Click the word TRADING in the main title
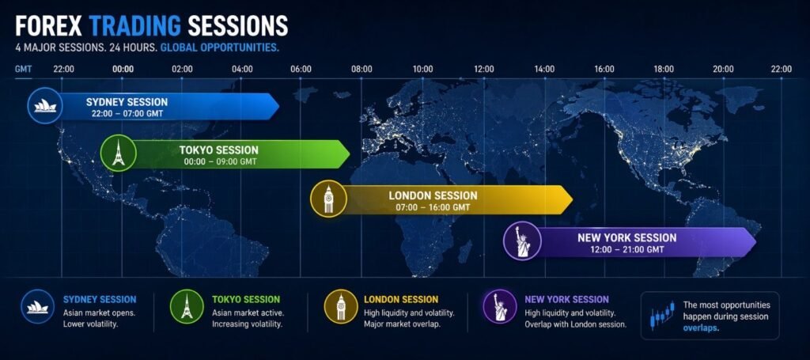pyautogui.click(x=134, y=26)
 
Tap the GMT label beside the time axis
pyautogui.click(x=23, y=69)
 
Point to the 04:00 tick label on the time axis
pyautogui.click(x=242, y=69)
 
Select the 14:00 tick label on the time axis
pyautogui.click(x=544, y=69)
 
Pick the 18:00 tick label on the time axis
pyautogui.click(x=664, y=69)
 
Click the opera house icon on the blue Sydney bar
pyautogui.click(x=45, y=106)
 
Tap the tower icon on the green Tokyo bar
pyautogui.click(x=119, y=153)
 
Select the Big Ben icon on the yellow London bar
pyautogui.click(x=328, y=199)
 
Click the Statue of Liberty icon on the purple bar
pyautogui.click(x=522, y=240)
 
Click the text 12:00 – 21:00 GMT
pyautogui.click(x=626, y=249)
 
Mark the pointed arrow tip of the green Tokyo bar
pyautogui.click(x=350, y=154)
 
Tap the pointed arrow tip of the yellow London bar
pyautogui.click(x=573, y=199)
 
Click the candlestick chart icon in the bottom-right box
pyautogui.click(x=662, y=316)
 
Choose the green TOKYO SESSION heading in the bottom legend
pyautogui.click(x=246, y=300)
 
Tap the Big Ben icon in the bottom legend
pyautogui.click(x=341, y=307)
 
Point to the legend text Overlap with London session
pyautogui.click(x=576, y=324)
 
